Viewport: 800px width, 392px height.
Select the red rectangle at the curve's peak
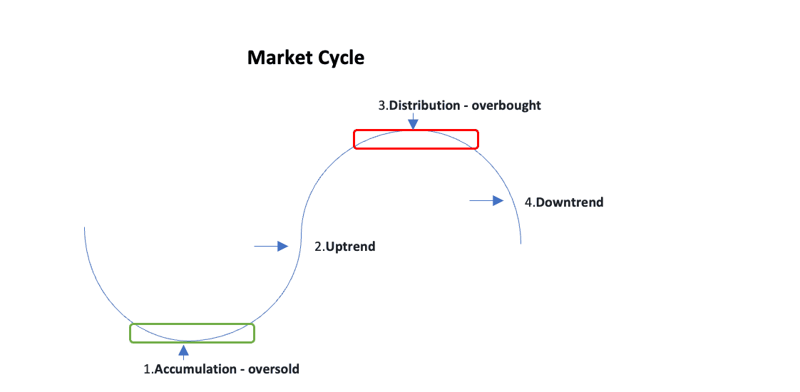[416, 139]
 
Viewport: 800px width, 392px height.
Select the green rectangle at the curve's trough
[192, 333]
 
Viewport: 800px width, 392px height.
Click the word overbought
[509, 105]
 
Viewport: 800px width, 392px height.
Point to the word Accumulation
[195, 369]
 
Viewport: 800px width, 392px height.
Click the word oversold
[273, 369]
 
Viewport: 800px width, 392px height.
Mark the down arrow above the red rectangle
[413, 123]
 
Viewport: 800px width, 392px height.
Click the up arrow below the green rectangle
[184, 351]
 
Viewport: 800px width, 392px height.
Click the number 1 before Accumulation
[147, 369]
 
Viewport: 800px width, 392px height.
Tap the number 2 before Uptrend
[318, 247]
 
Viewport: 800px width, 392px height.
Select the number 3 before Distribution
[381, 105]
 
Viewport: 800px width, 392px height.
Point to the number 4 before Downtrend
[528, 202]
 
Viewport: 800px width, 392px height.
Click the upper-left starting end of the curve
[85, 227]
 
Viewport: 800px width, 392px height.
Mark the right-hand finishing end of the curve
[521, 243]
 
